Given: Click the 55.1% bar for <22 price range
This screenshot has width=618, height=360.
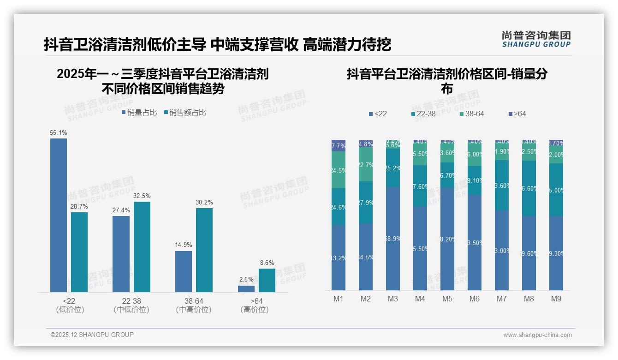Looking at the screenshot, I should (59, 215).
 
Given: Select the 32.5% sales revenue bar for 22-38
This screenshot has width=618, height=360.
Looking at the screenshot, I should (142, 247).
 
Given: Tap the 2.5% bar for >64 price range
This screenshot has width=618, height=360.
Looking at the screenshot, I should (246, 289).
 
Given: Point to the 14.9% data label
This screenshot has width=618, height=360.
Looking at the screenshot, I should (184, 245).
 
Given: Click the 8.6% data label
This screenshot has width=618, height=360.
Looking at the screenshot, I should (267, 263).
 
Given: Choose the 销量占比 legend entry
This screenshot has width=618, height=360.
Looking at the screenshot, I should (139, 113).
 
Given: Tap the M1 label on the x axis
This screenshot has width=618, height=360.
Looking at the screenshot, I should (339, 299).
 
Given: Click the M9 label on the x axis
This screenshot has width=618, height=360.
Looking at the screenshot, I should (556, 299).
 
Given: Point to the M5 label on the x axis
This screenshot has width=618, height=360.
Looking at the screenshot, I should (447, 299).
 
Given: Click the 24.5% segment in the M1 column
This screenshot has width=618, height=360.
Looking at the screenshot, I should (339, 170).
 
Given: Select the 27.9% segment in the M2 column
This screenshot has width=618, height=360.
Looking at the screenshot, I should (366, 203).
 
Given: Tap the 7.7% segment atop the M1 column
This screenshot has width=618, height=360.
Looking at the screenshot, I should (339, 146).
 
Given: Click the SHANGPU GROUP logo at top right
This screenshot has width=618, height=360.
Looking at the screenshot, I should (536, 39).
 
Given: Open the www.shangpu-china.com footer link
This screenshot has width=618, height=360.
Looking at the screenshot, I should (537, 335).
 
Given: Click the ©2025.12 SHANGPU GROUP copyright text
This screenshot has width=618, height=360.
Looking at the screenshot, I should (92, 335).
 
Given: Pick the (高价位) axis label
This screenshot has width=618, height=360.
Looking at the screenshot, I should (255, 310).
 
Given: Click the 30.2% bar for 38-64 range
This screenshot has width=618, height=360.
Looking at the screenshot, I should (204, 250).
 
